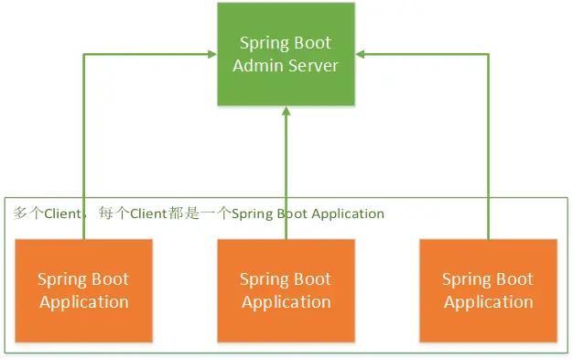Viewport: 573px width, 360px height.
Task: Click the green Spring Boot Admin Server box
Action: tap(286, 54)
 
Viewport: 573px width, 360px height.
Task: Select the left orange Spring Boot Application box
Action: tap(83, 291)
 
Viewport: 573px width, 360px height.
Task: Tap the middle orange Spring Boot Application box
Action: tap(286, 291)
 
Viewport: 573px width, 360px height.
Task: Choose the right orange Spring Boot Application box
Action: tap(489, 291)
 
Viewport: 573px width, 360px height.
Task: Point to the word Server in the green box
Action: tap(314, 66)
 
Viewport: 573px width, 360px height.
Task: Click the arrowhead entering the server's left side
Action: tap(212, 54)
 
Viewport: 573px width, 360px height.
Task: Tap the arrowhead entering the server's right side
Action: tap(360, 54)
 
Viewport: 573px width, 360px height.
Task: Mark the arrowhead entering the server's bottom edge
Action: tap(286, 111)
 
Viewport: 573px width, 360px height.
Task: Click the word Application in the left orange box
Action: tap(84, 303)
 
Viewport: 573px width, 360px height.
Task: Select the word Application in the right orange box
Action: tap(489, 303)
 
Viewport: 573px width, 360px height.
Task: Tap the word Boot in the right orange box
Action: tap(515, 279)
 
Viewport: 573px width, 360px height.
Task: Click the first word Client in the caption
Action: tap(62, 213)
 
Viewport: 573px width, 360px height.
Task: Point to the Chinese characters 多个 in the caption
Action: tap(28, 213)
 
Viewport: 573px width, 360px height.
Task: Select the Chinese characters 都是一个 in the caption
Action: tap(200, 213)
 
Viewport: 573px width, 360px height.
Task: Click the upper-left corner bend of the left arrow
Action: tap(83, 54)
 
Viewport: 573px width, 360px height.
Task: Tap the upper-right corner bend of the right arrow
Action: tap(489, 54)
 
